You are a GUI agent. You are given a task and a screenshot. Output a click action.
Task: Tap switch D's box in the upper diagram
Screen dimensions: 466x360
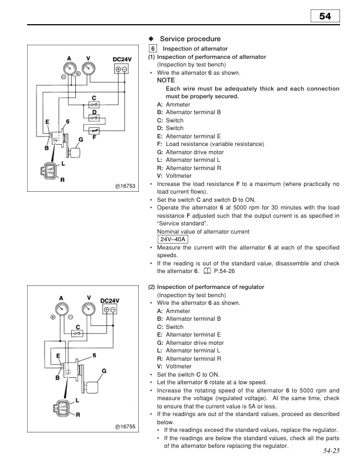click(x=94, y=116)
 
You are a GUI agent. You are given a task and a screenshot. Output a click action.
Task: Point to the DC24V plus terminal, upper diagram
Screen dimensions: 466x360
click(x=118, y=69)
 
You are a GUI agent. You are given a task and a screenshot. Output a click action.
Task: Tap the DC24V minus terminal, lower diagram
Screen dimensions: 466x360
click(x=113, y=309)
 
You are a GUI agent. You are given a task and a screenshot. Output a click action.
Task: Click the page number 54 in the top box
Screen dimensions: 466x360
click(x=326, y=18)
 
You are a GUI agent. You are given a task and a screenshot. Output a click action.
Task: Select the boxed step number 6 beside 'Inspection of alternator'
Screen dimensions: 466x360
click(x=152, y=48)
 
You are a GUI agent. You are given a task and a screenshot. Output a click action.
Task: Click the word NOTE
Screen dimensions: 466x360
click(x=166, y=79)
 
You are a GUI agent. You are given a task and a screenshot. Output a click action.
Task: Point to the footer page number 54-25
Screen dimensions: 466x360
click(x=332, y=451)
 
